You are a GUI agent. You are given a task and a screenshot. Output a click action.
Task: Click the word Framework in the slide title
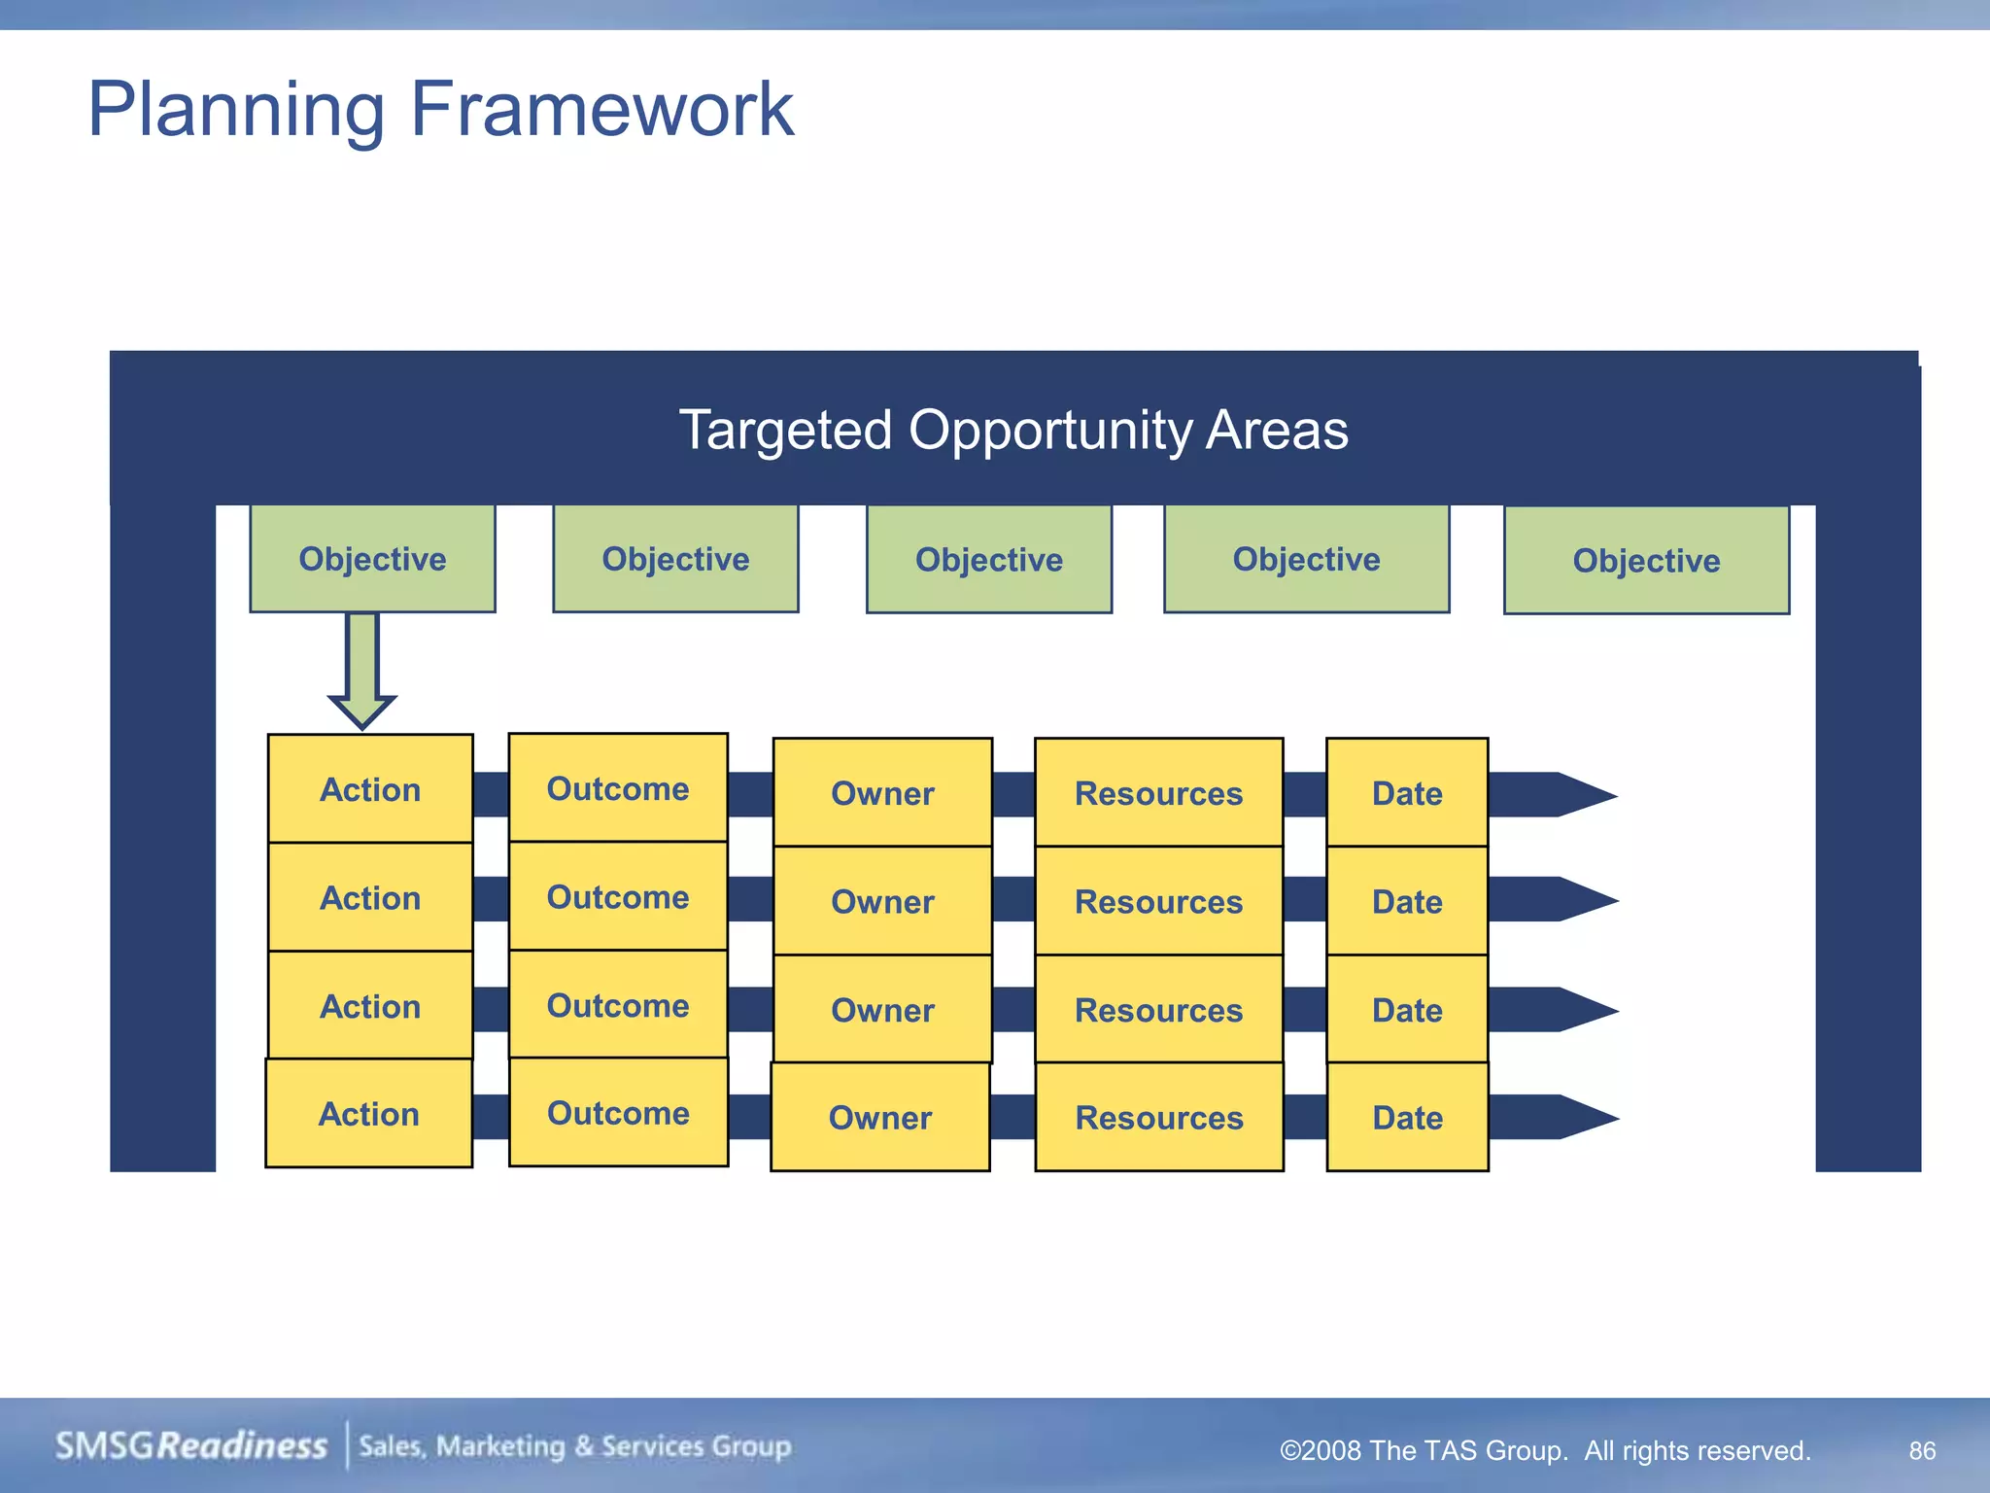(x=601, y=109)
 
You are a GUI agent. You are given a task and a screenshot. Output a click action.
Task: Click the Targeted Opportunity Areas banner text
(x=1012, y=430)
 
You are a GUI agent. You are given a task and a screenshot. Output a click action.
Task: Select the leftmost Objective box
(x=372, y=559)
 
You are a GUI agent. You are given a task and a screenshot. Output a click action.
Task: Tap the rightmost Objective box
(x=1646, y=561)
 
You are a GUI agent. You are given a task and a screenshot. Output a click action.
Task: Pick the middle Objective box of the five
(x=988, y=560)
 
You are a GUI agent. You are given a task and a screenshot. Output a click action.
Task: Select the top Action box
(x=370, y=789)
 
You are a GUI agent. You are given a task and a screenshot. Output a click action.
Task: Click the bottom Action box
(x=368, y=1114)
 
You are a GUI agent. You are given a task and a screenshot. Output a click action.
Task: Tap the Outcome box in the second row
(x=618, y=897)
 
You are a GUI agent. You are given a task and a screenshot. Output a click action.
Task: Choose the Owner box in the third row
(x=882, y=1010)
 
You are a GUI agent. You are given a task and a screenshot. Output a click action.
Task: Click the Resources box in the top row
(x=1158, y=793)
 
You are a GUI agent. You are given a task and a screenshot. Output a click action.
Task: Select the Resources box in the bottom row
(x=1158, y=1118)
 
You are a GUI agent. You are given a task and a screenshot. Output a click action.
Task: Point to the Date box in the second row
(x=1407, y=902)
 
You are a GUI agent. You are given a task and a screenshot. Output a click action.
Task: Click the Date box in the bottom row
(x=1407, y=1118)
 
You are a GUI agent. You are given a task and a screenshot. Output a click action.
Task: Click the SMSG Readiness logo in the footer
(x=191, y=1446)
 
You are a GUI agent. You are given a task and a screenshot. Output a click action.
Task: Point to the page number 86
(x=1922, y=1450)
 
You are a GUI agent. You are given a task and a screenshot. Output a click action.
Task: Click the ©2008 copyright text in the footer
(x=1545, y=1450)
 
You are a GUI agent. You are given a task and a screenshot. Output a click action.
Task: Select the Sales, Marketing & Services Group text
(x=575, y=1446)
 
